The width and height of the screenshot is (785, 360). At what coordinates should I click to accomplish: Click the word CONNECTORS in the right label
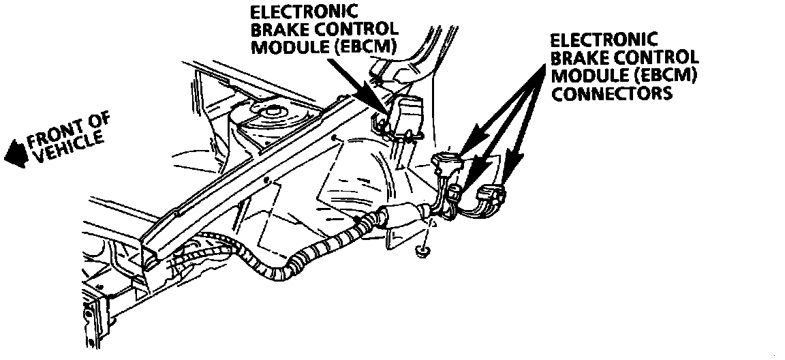coord(611,93)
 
